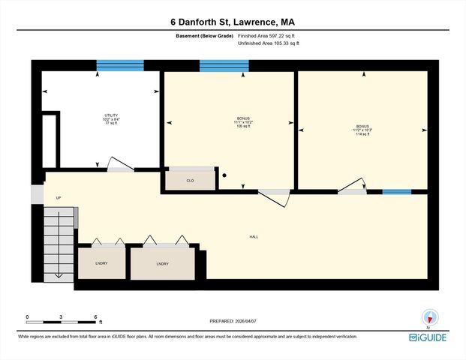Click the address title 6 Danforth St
[233, 22]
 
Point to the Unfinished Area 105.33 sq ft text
[269, 44]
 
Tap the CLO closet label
[190, 181]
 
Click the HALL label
[254, 237]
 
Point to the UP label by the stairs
[58, 198]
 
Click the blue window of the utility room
[119, 66]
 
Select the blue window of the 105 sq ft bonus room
[224, 66]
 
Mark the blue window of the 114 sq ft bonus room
[396, 192]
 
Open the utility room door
[121, 166]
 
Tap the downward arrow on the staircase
[58, 274]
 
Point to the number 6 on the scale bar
[95, 316]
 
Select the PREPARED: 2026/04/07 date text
[233, 321]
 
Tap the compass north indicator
[428, 316]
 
